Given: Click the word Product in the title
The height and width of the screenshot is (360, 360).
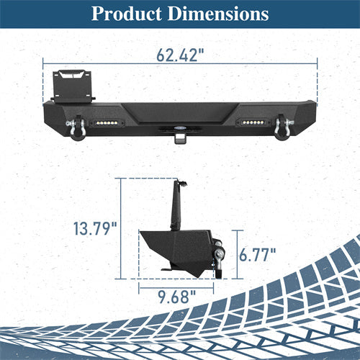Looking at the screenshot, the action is [x=127, y=14].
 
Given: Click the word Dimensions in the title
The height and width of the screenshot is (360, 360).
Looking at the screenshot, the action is [x=218, y=14].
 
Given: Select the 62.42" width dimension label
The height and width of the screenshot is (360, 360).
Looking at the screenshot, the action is [x=180, y=55].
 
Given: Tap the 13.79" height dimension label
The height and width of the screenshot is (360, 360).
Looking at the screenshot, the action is [x=95, y=228].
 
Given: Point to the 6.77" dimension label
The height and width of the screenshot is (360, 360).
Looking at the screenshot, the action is [x=257, y=255].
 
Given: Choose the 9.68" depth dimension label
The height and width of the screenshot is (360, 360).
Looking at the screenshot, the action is [x=177, y=297].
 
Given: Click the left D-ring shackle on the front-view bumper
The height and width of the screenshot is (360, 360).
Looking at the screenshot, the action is [x=77, y=127].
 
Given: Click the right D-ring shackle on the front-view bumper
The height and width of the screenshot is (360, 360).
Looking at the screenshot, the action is [x=283, y=127].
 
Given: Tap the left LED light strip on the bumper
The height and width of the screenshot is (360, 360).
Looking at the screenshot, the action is [x=107, y=123].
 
